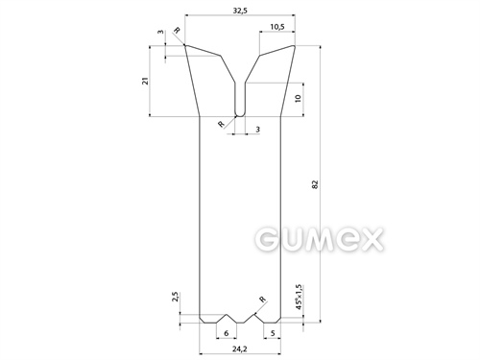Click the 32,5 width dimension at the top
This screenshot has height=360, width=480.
(x=240, y=11)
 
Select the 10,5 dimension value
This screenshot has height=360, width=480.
(x=277, y=27)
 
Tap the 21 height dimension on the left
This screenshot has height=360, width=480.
(x=146, y=81)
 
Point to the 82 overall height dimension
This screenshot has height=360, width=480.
(x=315, y=184)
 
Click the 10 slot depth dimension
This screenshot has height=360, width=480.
(x=298, y=98)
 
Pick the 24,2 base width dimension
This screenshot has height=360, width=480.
(x=240, y=348)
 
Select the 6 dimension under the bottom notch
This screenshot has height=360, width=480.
(x=227, y=333)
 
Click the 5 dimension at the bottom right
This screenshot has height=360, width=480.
(x=273, y=333)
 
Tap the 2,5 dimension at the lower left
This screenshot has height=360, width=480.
(x=175, y=297)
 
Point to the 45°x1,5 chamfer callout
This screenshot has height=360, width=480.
(x=299, y=297)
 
